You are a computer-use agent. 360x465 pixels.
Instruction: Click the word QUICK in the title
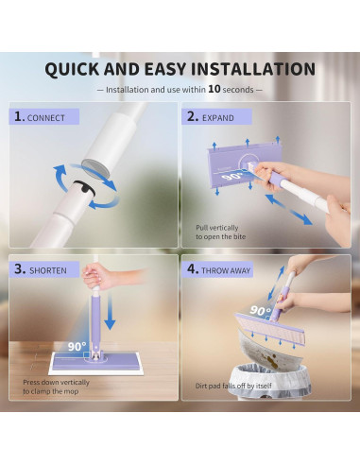click(x=78, y=69)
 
